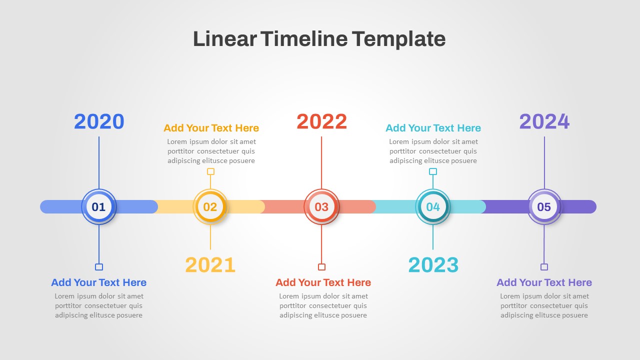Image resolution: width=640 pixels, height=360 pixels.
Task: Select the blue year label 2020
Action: pos(99,121)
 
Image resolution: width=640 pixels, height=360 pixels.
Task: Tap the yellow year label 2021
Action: pos(210,265)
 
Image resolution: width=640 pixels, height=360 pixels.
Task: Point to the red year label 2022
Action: pos(321,121)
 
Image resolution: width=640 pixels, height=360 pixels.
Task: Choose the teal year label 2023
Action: pos(433,265)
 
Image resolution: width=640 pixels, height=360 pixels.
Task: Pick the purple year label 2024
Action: pos(544,121)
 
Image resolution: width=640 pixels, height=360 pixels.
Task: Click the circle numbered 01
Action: pos(99,206)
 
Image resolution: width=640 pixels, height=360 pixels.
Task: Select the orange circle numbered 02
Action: pos(210,206)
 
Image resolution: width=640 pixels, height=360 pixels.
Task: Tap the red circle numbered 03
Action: pos(321,206)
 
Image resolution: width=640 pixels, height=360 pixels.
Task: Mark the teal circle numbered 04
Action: pos(433,206)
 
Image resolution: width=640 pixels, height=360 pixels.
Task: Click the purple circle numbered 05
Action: pos(544,206)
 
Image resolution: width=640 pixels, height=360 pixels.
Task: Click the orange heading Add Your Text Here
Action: pos(211,128)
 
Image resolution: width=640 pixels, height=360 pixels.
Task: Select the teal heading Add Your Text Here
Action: pos(433,128)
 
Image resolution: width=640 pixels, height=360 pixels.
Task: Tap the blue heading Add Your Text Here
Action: pos(99,282)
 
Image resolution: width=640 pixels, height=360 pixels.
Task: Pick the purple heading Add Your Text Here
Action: pos(544,282)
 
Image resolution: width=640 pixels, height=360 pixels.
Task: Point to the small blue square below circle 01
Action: pos(99,267)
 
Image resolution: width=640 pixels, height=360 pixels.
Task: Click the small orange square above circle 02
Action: pos(210,171)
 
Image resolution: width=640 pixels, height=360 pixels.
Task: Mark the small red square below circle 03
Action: pos(321,267)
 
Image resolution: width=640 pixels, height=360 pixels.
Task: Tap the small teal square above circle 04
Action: pos(433,171)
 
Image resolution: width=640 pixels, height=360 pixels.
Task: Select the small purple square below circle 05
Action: pos(544,267)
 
